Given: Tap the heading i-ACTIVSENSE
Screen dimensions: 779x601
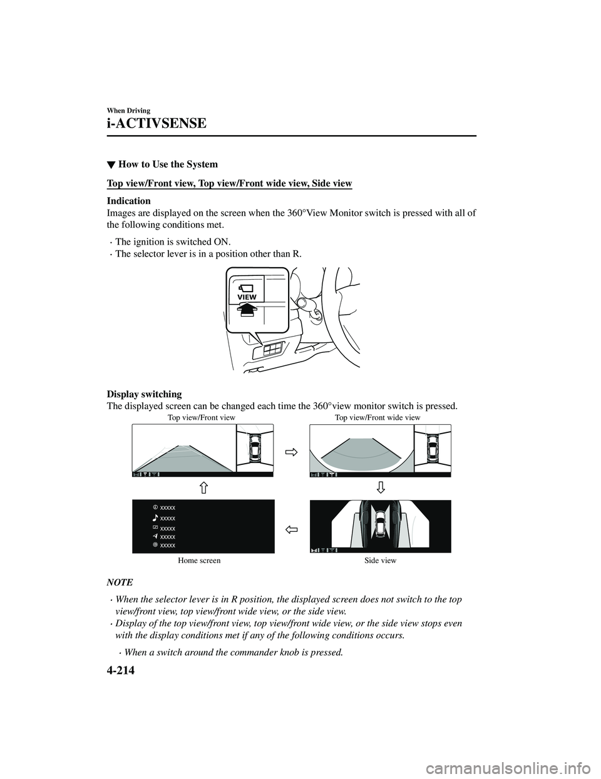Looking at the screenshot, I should pos(157,123).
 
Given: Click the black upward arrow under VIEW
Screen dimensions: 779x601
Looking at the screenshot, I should pos(247,308).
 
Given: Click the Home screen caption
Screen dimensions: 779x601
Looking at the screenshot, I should pos(199,561).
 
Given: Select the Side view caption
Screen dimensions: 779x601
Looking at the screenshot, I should pos(380,561).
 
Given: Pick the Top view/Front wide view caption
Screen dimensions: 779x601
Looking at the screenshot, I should pos(378,417).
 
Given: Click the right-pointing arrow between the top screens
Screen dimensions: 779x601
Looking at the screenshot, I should pos(291,451).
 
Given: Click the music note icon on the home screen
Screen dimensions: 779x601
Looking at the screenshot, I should pos(155,518).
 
